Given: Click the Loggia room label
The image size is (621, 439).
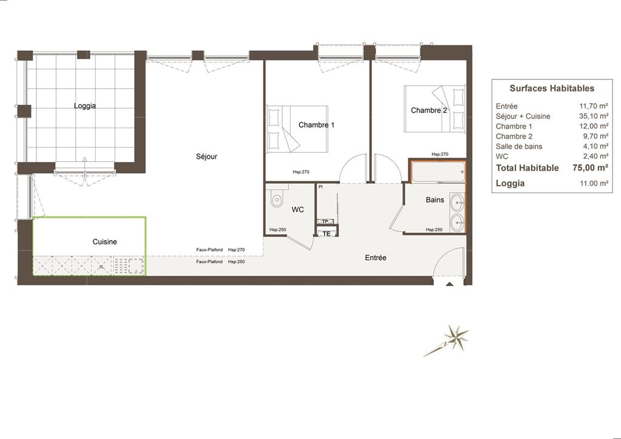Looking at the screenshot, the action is [x=85, y=106].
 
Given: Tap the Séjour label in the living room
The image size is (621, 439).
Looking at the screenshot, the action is [x=207, y=157].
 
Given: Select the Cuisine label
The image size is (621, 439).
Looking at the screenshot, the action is [x=104, y=242].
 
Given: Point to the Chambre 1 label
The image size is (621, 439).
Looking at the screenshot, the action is [x=317, y=125].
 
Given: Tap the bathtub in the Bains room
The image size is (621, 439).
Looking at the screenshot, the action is [x=438, y=172].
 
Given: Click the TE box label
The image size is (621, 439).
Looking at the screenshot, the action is [x=326, y=234].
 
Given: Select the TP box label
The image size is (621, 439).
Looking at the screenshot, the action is [x=325, y=222].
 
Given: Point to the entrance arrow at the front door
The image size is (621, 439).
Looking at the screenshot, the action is [x=449, y=283].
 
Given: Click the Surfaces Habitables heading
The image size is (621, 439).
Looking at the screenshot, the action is [x=552, y=89].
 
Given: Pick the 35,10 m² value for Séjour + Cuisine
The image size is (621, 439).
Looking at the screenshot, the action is [x=593, y=116].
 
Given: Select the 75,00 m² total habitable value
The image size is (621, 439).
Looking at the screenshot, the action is [x=590, y=167].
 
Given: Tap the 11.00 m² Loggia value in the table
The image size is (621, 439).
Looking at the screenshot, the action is [x=594, y=183].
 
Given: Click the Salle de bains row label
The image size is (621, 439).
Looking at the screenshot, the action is [x=519, y=147].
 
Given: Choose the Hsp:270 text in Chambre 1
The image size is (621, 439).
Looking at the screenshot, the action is [x=301, y=172].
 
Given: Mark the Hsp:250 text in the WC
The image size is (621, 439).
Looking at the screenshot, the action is [x=278, y=230].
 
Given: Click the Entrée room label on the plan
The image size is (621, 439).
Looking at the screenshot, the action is [x=375, y=258].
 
